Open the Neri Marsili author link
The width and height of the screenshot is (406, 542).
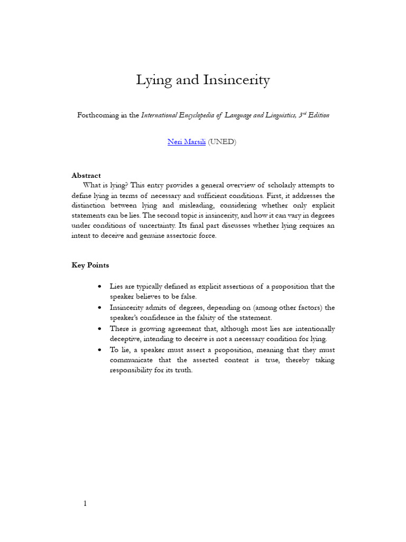[x=186, y=142]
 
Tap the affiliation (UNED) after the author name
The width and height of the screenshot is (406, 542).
[x=222, y=142]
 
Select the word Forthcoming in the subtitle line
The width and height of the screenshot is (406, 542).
[x=97, y=115]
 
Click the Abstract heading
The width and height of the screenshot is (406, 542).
[x=86, y=175]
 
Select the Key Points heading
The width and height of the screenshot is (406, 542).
[x=90, y=265]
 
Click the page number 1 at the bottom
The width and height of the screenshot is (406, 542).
[x=85, y=503]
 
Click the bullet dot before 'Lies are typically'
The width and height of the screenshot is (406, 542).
[x=100, y=287]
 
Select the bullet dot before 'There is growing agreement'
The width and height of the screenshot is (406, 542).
[x=100, y=329]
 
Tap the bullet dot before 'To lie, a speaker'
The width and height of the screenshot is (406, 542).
[x=100, y=350]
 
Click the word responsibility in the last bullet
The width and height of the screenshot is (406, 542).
[x=133, y=371]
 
